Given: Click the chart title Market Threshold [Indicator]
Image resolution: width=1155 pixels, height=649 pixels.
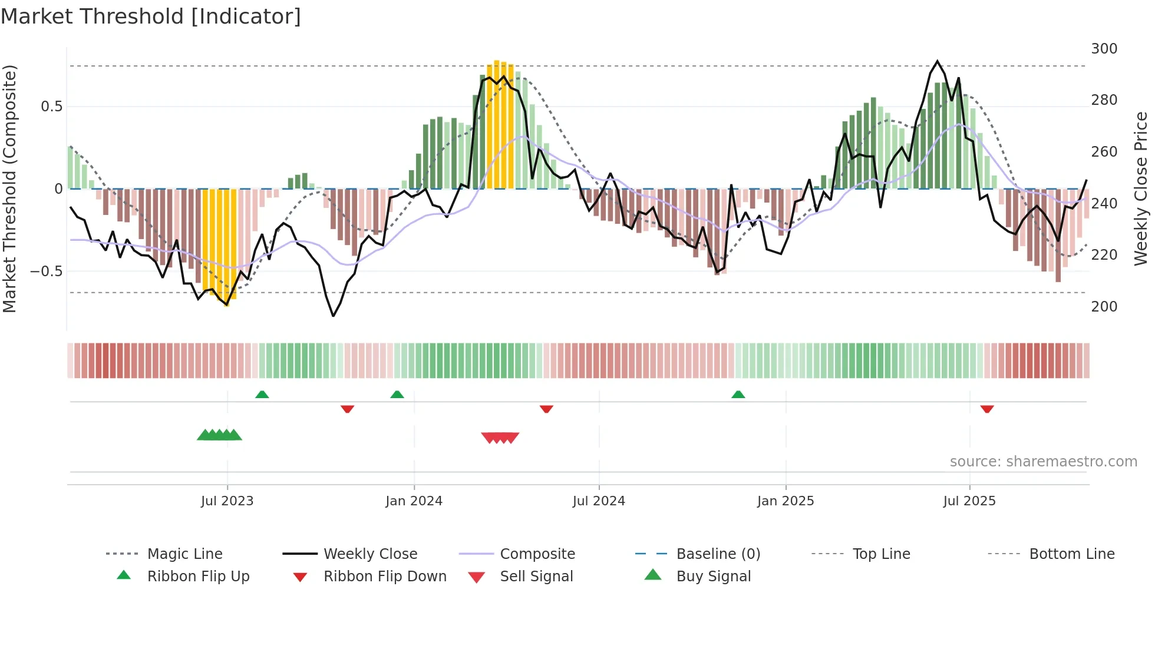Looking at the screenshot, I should [151, 16].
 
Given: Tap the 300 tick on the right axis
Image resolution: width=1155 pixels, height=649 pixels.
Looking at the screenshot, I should [1104, 49].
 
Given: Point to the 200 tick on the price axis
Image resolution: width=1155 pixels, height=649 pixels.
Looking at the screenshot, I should [1104, 307].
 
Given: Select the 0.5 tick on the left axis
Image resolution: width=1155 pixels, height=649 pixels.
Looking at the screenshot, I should [51, 107].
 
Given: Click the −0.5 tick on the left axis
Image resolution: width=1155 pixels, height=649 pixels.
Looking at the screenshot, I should [47, 271].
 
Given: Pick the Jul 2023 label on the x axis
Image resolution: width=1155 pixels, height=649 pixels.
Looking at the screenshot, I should [227, 501].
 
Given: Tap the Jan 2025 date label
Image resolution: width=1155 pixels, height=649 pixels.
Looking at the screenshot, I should [785, 501].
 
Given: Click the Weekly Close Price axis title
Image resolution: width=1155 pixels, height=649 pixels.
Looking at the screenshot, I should [1141, 188].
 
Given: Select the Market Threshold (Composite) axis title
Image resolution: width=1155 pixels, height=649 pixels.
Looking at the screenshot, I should [9, 188].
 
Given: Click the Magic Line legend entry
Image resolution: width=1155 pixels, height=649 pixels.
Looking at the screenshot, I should [184, 554].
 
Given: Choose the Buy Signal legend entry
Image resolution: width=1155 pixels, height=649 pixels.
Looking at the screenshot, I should [713, 577].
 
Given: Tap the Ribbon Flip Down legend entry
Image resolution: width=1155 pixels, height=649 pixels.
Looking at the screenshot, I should [384, 577].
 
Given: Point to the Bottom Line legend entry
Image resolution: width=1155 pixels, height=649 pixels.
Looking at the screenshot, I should [1071, 554].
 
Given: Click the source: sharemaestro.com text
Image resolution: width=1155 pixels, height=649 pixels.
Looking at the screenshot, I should [1043, 462].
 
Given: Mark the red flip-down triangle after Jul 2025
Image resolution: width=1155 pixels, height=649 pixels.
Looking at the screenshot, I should [987, 409].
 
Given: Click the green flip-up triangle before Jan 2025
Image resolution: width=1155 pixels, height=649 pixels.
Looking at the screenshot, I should [738, 395].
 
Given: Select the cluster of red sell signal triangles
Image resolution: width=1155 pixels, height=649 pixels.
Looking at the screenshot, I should [500, 438].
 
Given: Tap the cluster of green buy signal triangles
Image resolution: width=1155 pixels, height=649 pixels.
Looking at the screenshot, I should [219, 435].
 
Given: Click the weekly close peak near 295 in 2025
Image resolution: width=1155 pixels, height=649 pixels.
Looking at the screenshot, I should [938, 61].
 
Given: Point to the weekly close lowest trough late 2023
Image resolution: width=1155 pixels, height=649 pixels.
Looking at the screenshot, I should [334, 316].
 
